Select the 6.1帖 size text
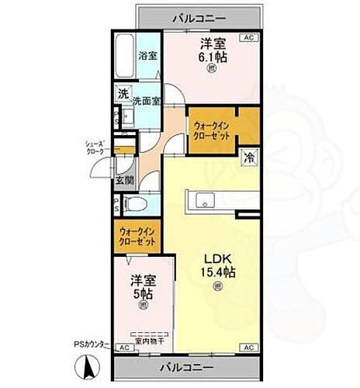click(211, 57)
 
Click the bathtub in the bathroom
click(125, 56)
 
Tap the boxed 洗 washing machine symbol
click(123, 95)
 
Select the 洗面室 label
click(146, 101)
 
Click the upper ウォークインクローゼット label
click(212, 127)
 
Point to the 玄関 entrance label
click(124, 182)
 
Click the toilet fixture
click(137, 204)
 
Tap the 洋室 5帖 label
click(141, 288)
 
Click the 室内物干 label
click(147, 339)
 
